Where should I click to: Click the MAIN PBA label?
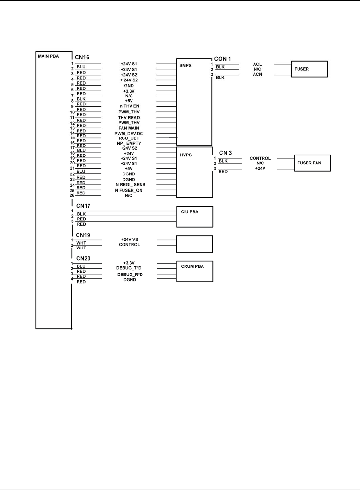(48, 56)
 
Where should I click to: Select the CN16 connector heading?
(82, 57)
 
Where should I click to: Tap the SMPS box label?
(186, 66)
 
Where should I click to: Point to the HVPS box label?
(186, 155)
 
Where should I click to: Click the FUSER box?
(309, 69)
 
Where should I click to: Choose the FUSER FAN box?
(312, 163)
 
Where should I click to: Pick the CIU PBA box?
(194, 217)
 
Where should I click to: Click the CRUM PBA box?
(194, 271)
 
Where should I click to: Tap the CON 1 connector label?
(223, 59)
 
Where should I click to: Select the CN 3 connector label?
(225, 153)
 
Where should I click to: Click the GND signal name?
(129, 86)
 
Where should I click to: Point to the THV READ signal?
(129, 118)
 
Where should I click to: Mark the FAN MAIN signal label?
(129, 128)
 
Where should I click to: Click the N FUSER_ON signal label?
(129, 190)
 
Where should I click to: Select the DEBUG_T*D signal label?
(129, 268)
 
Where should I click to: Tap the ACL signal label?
(257, 64)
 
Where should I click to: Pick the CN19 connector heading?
(83, 235)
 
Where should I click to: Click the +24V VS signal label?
(130, 240)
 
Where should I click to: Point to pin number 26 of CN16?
(72, 196)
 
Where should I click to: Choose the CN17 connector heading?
(83, 206)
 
